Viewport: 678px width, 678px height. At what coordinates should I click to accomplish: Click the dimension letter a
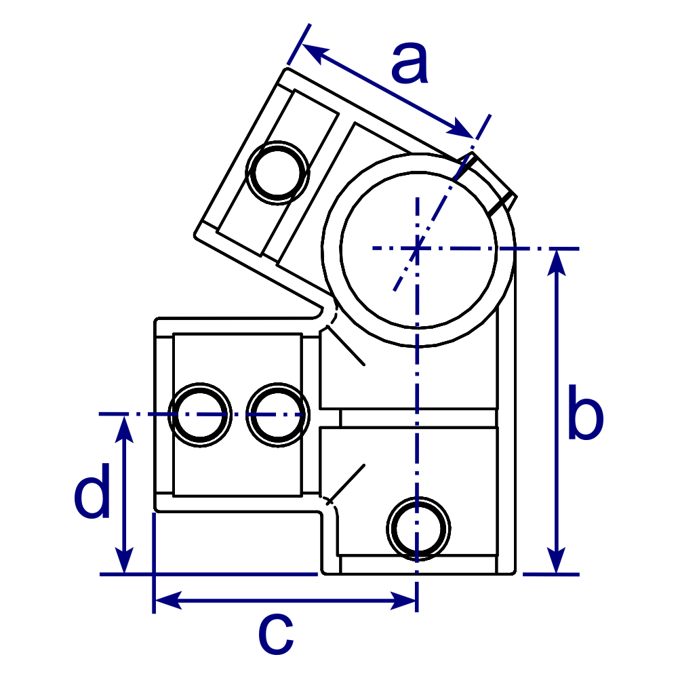(410, 64)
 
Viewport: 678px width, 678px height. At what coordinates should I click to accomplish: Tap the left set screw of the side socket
(201, 414)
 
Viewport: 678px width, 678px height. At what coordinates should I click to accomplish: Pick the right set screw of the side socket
(277, 414)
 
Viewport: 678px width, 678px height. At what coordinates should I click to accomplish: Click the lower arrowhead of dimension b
(557, 563)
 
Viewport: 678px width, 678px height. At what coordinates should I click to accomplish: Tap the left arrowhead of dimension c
(166, 600)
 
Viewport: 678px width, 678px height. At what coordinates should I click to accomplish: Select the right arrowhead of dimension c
(404, 600)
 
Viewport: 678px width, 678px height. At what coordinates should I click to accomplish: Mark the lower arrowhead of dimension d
(124, 563)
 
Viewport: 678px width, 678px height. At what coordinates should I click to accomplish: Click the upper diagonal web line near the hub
(346, 346)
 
